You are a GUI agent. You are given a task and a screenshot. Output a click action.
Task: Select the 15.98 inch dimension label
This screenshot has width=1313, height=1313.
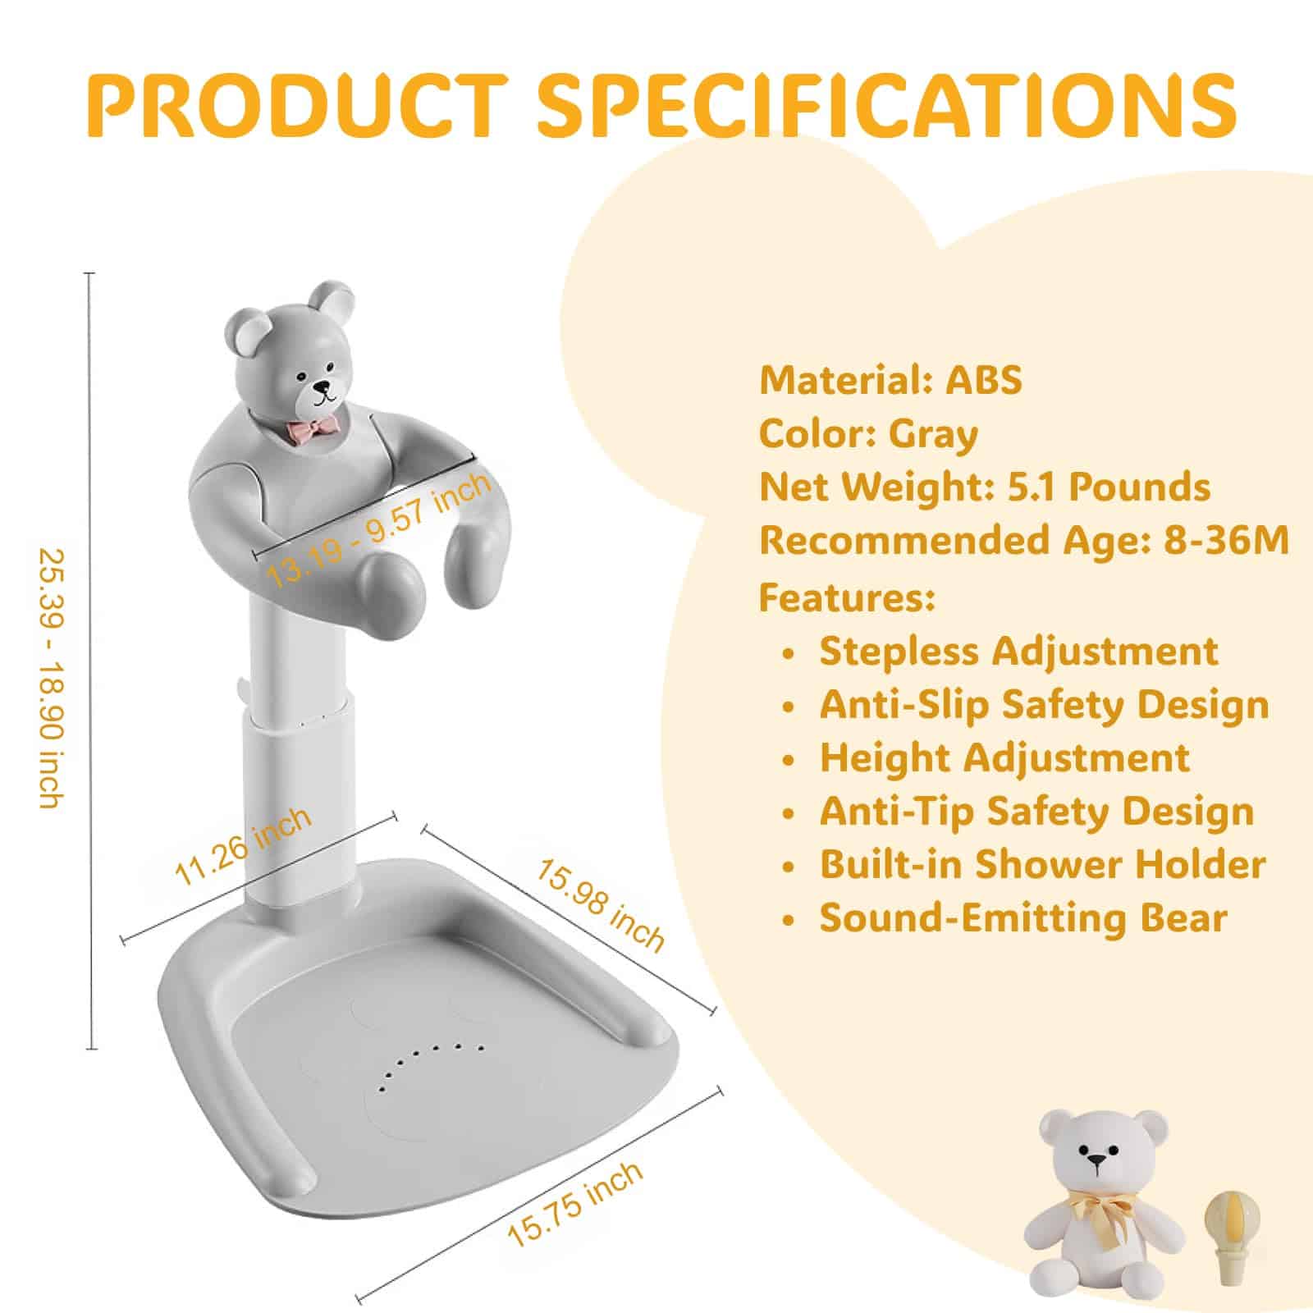(x=601, y=904)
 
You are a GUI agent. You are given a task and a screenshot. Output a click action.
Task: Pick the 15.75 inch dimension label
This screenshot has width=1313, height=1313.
(x=575, y=1205)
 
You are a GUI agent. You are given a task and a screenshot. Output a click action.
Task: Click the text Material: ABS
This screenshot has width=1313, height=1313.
(x=890, y=380)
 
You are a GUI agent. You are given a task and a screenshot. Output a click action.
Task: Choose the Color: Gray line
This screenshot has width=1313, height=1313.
(x=868, y=434)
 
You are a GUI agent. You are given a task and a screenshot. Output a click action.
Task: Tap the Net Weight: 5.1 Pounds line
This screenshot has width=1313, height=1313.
(x=984, y=487)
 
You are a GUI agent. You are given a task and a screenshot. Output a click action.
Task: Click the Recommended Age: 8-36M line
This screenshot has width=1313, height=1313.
(x=1023, y=541)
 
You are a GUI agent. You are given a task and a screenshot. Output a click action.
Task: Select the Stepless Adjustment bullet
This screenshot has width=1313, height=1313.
(x=1018, y=652)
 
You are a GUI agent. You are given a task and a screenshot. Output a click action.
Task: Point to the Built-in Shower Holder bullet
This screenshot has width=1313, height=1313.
(x=1042, y=865)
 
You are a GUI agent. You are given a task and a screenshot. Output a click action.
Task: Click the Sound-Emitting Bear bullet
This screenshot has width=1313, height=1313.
(x=1022, y=918)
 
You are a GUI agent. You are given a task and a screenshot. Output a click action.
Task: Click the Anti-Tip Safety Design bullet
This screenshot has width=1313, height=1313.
(x=1036, y=812)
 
